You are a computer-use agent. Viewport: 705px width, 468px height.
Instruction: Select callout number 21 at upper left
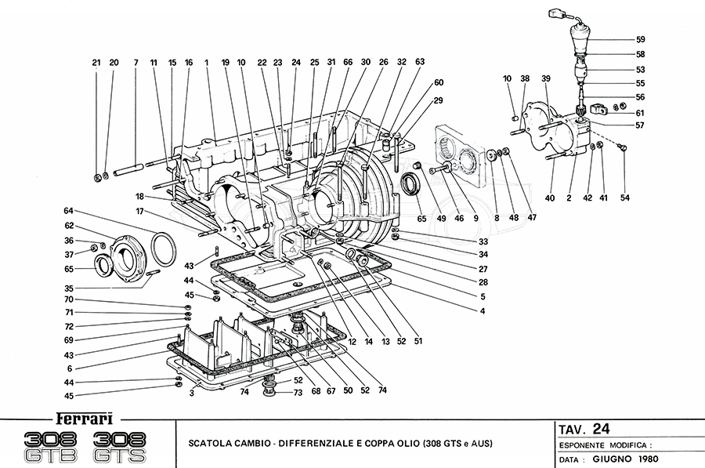(96, 62)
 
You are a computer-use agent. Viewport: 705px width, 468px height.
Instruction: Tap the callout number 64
(68, 210)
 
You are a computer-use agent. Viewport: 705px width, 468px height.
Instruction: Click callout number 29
(439, 100)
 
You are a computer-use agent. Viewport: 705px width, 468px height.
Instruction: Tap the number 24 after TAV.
(601, 428)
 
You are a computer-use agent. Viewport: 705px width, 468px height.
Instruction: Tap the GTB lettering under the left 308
(51, 455)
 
